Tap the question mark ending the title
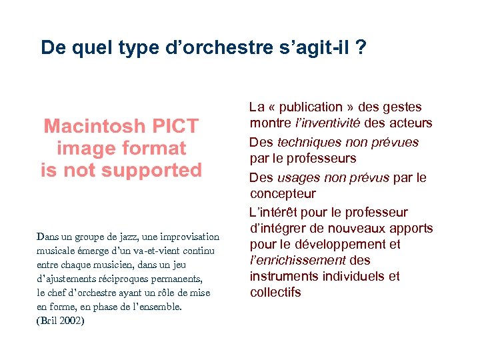(x=361, y=47)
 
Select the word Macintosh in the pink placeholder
(x=94, y=126)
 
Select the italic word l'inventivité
(x=327, y=123)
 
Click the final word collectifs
(x=275, y=292)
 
